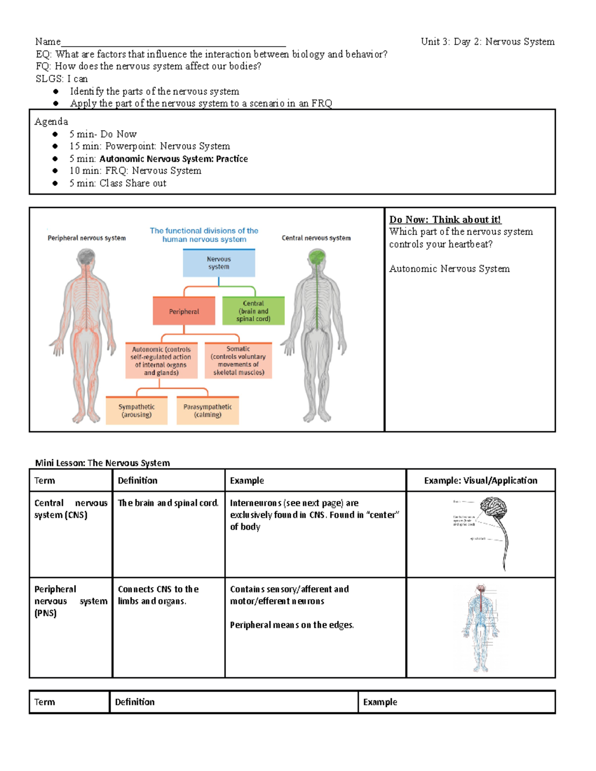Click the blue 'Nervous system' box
click(219, 263)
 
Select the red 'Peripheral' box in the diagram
click(184, 311)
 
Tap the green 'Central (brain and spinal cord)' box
click(253, 311)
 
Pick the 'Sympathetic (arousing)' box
click(137, 411)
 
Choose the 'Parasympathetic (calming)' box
click(208, 411)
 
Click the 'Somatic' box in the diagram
click(238, 361)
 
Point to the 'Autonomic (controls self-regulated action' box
click(161, 361)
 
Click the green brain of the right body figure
click(316, 257)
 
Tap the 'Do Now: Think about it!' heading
click(445, 219)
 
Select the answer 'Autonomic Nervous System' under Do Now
click(449, 269)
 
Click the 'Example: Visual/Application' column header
click(480, 481)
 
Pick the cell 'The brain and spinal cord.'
click(168, 503)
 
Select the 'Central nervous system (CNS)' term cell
click(71, 509)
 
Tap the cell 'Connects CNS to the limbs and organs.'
click(158, 595)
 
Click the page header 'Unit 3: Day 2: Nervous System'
click(487, 42)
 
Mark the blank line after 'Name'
click(173, 43)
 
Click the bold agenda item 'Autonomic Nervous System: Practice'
click(173, 159)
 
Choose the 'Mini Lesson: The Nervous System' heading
click(102, 463)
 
